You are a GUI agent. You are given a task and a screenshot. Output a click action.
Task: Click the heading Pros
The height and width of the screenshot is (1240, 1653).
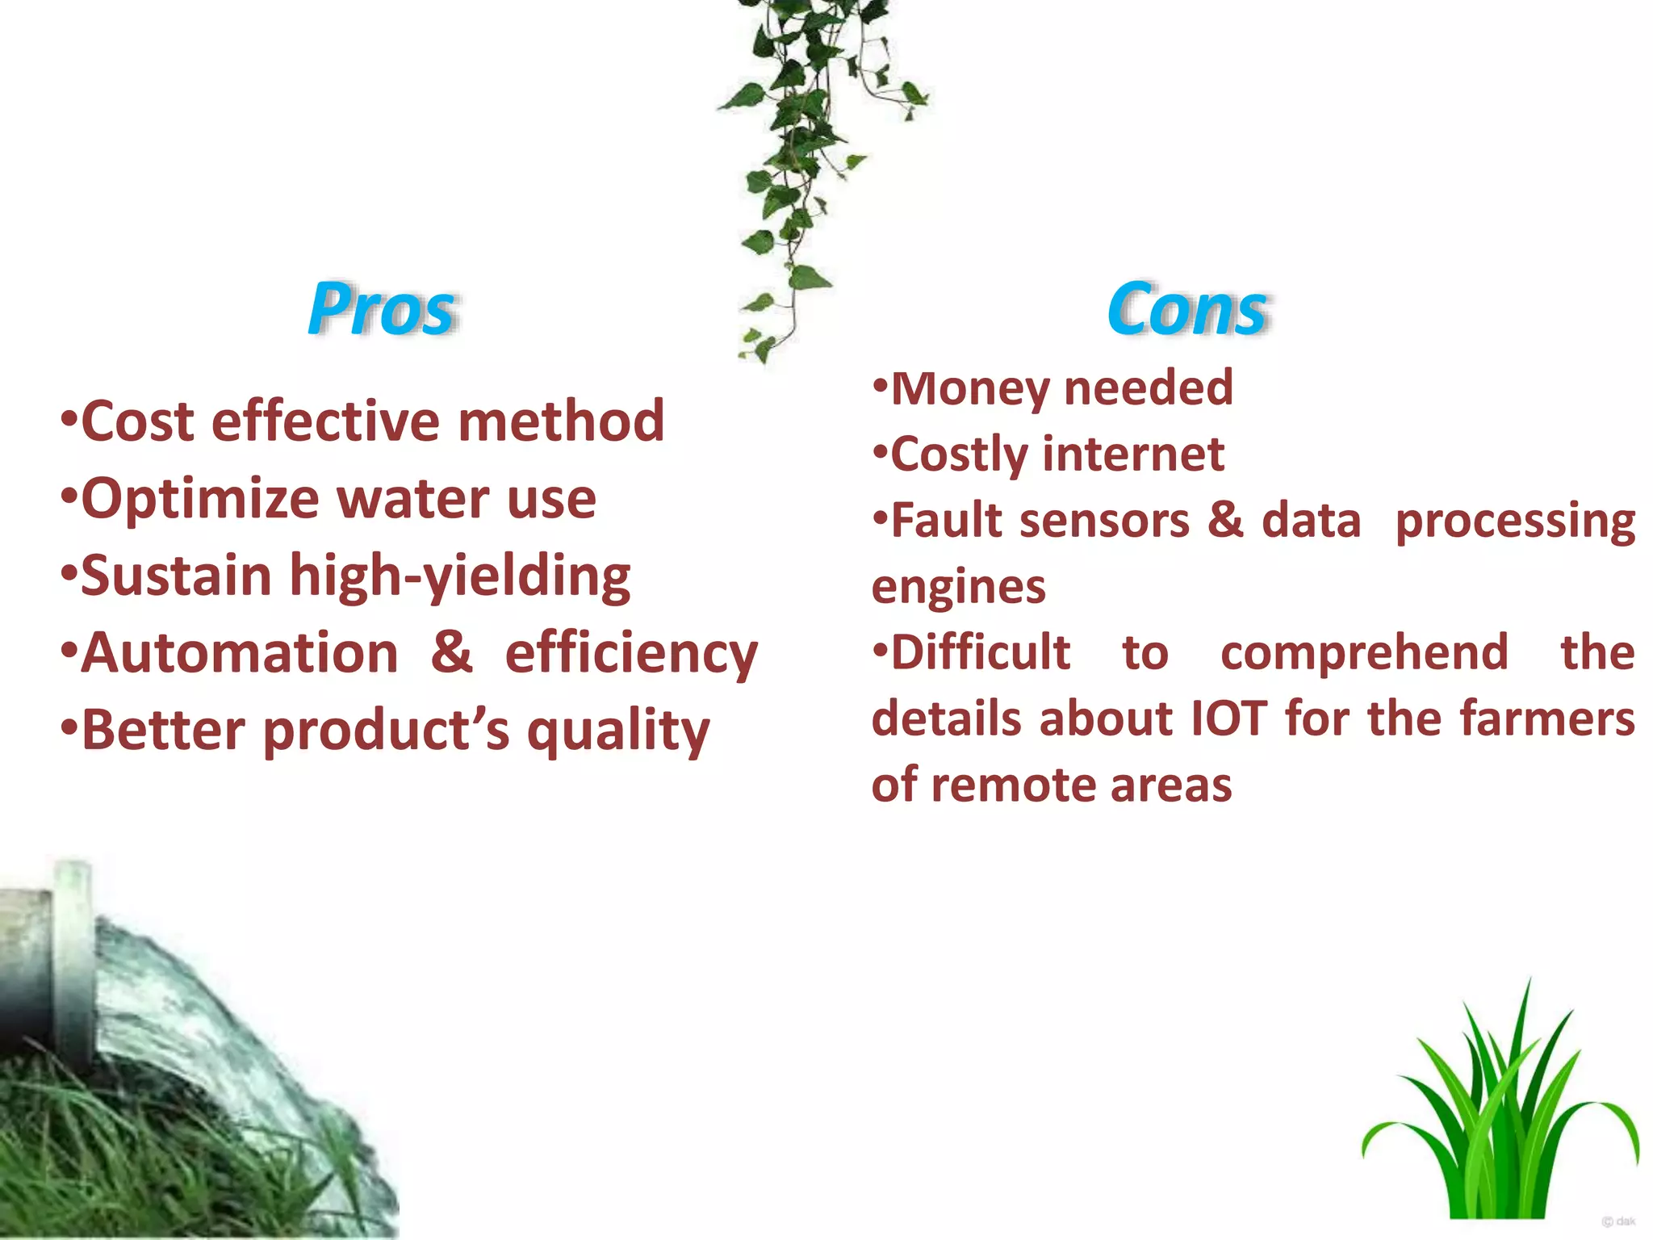[x=382, y=309]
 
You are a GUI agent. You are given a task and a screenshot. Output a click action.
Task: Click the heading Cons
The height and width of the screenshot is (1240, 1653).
[x=1186, y=309]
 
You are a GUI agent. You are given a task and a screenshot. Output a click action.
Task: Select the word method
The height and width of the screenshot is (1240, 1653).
[x=561, y=421]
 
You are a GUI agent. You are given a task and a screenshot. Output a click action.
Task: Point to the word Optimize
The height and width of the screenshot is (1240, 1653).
[x=201, y=499]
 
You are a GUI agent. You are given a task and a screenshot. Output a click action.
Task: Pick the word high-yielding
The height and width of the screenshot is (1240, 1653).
[x=460, y=576]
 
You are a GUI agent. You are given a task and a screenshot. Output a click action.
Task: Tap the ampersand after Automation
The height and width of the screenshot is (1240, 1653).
[x=451, y=652]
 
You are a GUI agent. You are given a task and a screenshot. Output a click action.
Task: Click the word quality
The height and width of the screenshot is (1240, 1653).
[x=618, y=731]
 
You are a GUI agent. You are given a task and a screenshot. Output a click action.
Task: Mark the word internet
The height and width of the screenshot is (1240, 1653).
[x=1134, y=455]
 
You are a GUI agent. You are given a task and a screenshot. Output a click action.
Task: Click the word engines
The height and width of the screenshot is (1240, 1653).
[x=959, y=588]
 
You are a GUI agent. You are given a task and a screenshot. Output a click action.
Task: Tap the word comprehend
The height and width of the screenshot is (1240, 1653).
[x=1364, y=653]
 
